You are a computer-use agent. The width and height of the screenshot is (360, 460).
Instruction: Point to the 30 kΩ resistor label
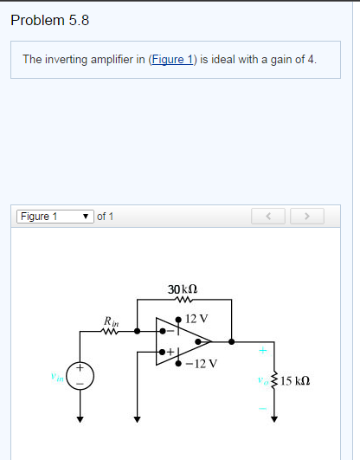(182, 289)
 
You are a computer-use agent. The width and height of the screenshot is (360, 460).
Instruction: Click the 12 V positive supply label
(197, 318)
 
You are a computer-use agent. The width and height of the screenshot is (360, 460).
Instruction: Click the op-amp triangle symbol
(182, 341)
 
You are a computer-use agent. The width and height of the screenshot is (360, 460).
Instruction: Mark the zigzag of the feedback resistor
(182, 301)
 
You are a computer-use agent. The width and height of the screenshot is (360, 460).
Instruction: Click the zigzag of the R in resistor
(112, 330)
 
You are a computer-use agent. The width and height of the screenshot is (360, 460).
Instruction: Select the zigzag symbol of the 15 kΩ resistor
(275, 381)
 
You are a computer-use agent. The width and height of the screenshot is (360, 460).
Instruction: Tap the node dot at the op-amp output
(229, 341)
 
